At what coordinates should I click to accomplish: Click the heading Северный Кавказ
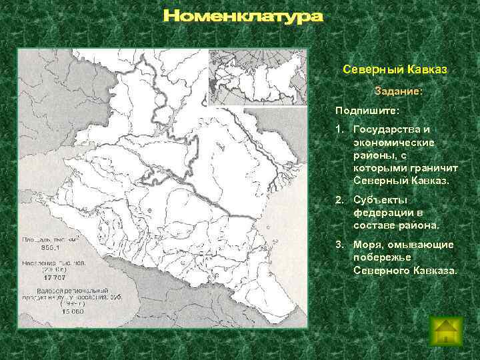tap(394, 70)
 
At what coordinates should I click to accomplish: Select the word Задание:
tap(399, 90)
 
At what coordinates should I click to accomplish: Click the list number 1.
tap(340, 129)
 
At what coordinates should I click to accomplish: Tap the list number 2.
tap(340, 200)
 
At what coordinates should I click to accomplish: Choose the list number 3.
tap(340, 245)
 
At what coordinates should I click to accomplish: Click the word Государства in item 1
tap(389, 129)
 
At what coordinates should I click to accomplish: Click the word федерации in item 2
tap(382, 213)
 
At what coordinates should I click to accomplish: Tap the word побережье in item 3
tap(383, 257)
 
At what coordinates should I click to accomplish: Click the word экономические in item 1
tap(395, 142)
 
